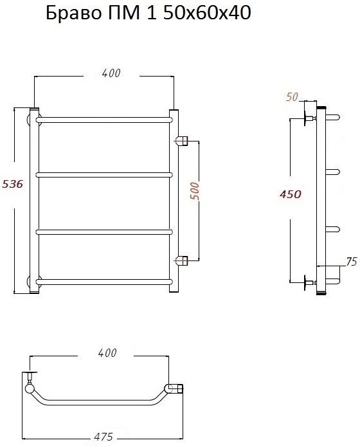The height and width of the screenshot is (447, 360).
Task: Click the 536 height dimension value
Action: [13, 184]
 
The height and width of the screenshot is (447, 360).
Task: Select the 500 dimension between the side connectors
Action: [195, 191]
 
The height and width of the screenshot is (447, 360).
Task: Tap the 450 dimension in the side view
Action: [290, 194]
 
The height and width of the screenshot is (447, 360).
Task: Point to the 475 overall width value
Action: [104, 437]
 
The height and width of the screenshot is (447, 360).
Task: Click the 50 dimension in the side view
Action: [292, 97]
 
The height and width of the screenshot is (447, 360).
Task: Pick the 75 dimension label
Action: [352, 261]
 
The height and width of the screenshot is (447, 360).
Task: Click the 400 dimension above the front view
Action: [111, 73]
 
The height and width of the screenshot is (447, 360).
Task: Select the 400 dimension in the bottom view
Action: [107, 353]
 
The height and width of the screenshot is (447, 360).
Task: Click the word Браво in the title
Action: [73, 14]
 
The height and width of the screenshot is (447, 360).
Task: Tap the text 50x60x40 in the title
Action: [207, 13]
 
